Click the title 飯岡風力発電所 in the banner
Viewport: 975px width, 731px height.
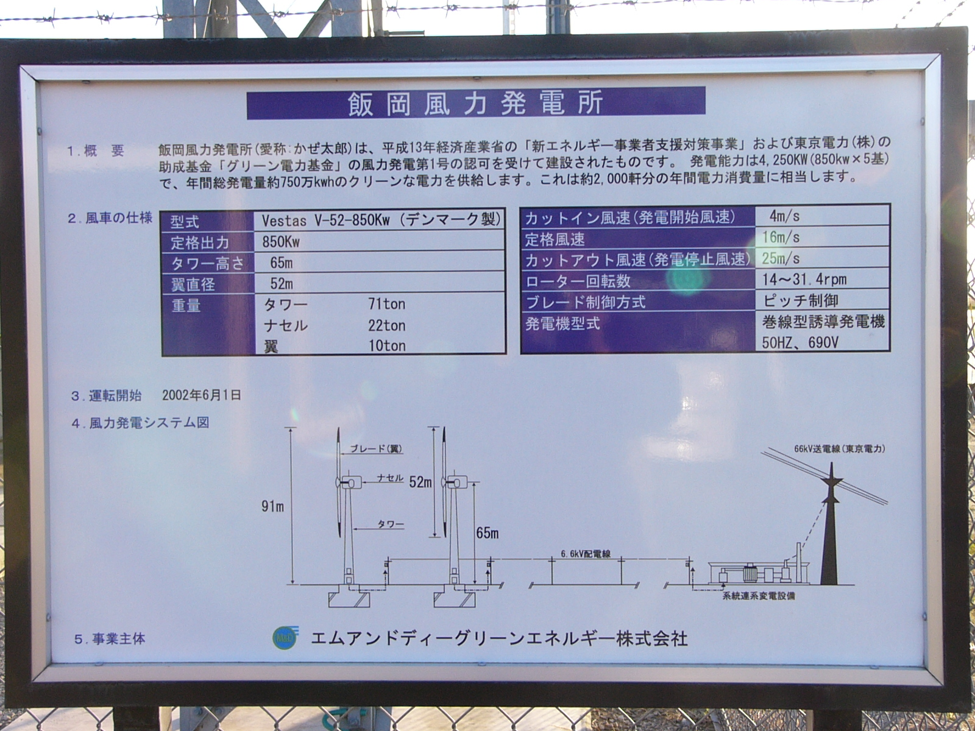coord(476,103)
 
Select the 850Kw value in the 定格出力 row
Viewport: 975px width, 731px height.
coord(281,242)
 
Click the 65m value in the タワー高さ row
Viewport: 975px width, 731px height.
coord(282,263)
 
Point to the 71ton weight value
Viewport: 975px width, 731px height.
coord(386,304)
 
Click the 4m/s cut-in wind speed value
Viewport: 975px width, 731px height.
coord(785,216)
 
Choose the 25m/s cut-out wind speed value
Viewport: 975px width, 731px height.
coord(781,258)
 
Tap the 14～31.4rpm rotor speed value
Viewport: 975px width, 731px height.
coord(804,279)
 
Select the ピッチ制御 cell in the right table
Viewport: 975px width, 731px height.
coord(801,300)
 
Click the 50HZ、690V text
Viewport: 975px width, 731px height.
coord(801,342)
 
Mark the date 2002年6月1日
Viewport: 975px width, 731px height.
coord(202,395)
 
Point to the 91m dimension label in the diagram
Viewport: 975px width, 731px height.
coord(272,506)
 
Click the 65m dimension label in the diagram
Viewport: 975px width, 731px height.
coord(487,533)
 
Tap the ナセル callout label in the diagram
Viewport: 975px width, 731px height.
coord(390,478)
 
